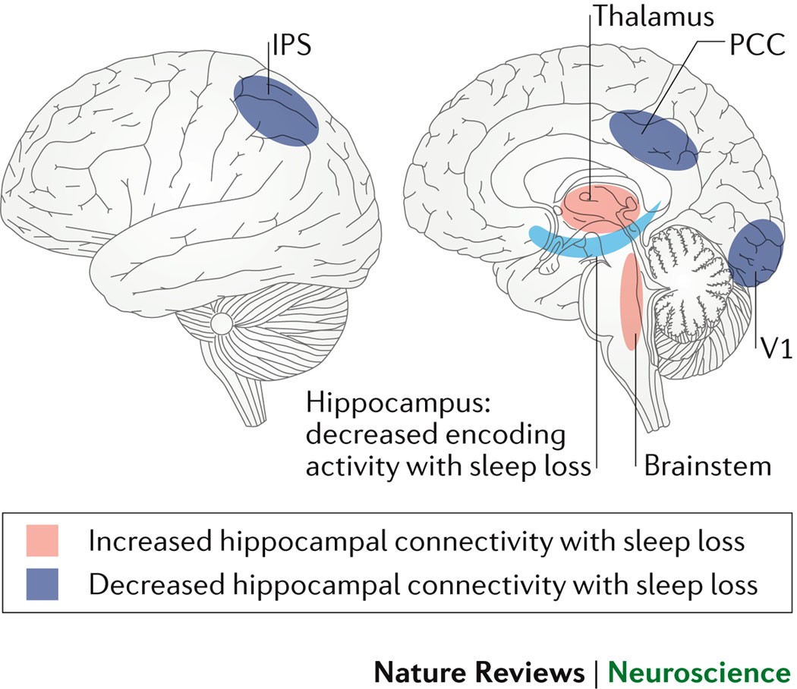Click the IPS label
pyautogui.click(x=291, y=49)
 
